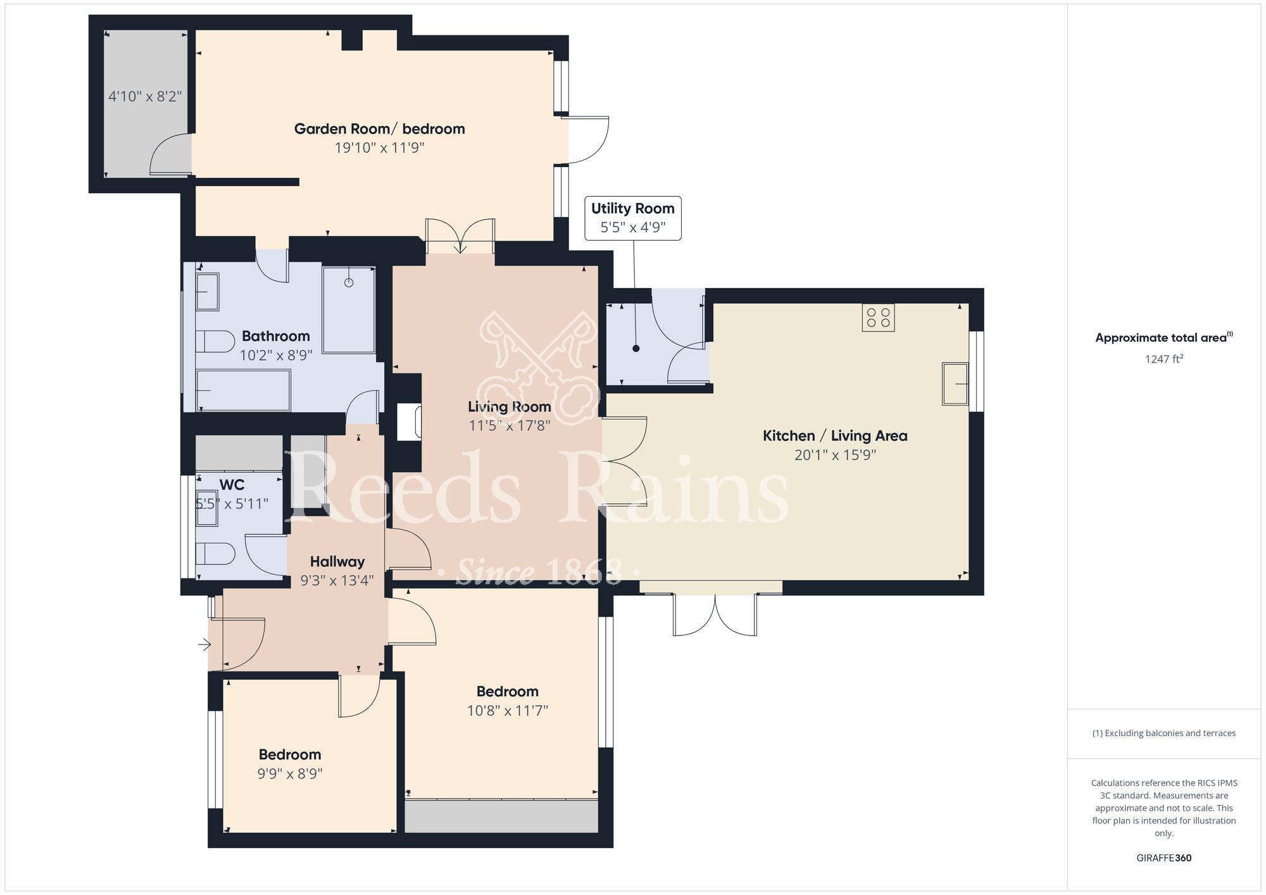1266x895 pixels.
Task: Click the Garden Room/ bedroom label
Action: point(380,129)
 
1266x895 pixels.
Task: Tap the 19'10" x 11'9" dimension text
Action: point(380,148)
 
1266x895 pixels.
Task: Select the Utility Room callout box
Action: point(633,218)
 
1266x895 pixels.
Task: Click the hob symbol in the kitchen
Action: point(879,318)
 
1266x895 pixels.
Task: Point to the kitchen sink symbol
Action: point(955,384)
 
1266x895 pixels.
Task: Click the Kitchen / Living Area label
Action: point(835,436)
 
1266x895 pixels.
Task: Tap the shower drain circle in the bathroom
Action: point(349,282)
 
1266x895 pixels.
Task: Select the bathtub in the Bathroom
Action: point(243,391)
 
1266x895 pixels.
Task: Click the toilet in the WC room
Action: point(215,554)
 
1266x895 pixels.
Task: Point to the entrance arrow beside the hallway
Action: point(204,645)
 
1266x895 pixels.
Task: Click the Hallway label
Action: point(337,562)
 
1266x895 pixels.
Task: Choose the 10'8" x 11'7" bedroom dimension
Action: point(508,711)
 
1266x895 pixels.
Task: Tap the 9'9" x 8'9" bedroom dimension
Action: point(290,773)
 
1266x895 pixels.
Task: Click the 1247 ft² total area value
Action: point(1164,359)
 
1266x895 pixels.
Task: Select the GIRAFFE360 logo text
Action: point(1164,858)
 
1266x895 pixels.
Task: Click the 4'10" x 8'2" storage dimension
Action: point(145,96)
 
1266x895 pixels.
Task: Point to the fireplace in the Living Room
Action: point(409,422)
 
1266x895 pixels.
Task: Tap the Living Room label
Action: point(510,407)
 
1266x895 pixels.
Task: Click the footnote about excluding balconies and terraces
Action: point(1164,733)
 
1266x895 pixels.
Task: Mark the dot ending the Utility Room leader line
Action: point(636,349)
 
